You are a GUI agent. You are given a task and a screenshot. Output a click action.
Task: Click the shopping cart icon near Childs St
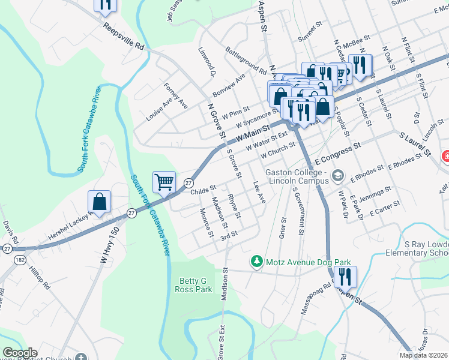pyautogui.click(x=164, y=181)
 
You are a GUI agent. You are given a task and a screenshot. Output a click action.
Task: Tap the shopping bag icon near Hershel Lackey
pyautogui.click(x=100, y=202)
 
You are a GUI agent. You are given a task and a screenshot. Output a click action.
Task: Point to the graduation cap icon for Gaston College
pyautogui.click(x=338, y=176)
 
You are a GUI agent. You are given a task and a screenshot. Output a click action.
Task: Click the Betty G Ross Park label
pyautogui.click(x=194, y=285)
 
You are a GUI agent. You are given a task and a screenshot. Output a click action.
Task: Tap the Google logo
pyautogui.click(x=20, y=353)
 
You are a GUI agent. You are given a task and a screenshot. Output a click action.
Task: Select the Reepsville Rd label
pyautogui.click(x=124, y=37)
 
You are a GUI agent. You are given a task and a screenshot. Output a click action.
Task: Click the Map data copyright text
pyautogui.click(x=424, y=355)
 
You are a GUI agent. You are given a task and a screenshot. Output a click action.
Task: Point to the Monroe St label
pyautogui.click(x=206, y=223)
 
